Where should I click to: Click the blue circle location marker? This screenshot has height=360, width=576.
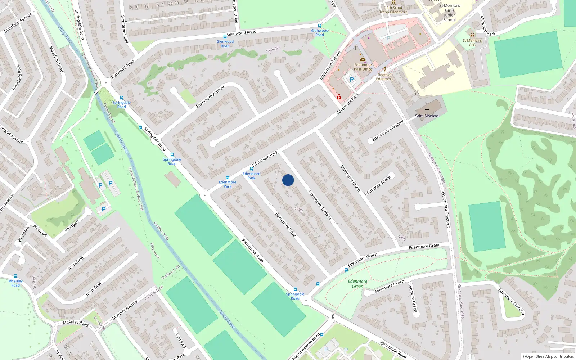coord(288,180)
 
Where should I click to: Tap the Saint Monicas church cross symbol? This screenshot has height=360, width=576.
coord(427,110)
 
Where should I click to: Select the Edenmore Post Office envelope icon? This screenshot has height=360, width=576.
coord(363,59)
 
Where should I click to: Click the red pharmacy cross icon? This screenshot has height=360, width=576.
coord(339,97)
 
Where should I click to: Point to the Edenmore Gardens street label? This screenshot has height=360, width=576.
coord(319,205)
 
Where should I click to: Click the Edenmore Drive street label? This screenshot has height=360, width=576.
coord(285,225)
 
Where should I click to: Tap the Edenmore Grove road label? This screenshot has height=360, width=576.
coord(350,178)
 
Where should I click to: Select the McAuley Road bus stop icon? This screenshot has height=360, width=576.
coord(15,276)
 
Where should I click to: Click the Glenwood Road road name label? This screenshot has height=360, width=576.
coord(242,33)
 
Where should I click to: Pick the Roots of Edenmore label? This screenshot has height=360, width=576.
coord(385,77)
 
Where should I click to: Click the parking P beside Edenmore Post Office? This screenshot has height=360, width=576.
coord(352,80)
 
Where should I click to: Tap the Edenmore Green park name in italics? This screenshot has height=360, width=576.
coord(357,284)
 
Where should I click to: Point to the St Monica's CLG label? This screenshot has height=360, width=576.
coord(472,42)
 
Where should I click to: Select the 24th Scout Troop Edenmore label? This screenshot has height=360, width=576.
coord(393,10)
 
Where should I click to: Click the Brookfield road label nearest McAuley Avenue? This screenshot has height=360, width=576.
coord(94,289)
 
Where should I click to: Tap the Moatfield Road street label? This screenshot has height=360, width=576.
coord(56,59)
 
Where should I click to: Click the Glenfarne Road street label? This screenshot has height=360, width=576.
coord(125,29)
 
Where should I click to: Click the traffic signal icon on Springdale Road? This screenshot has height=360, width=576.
coord(333,317)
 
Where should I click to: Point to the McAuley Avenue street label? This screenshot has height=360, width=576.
coord(125,310)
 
